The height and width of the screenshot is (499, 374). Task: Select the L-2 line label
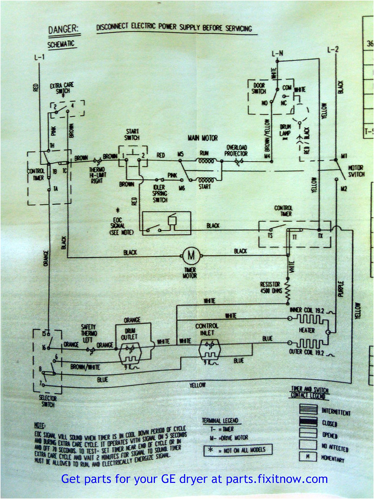[x=332, y=50]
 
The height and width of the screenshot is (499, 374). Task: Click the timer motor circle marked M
[x=190, y=255]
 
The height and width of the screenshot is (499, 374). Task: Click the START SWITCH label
[x=131, y=135]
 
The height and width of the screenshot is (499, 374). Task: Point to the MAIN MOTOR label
[x=202, y=138]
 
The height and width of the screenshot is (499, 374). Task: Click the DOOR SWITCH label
[x=259, y=88]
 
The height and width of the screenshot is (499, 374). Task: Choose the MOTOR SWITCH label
[x=356, y=172]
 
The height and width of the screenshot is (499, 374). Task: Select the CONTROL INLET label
[x=207, y=329]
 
